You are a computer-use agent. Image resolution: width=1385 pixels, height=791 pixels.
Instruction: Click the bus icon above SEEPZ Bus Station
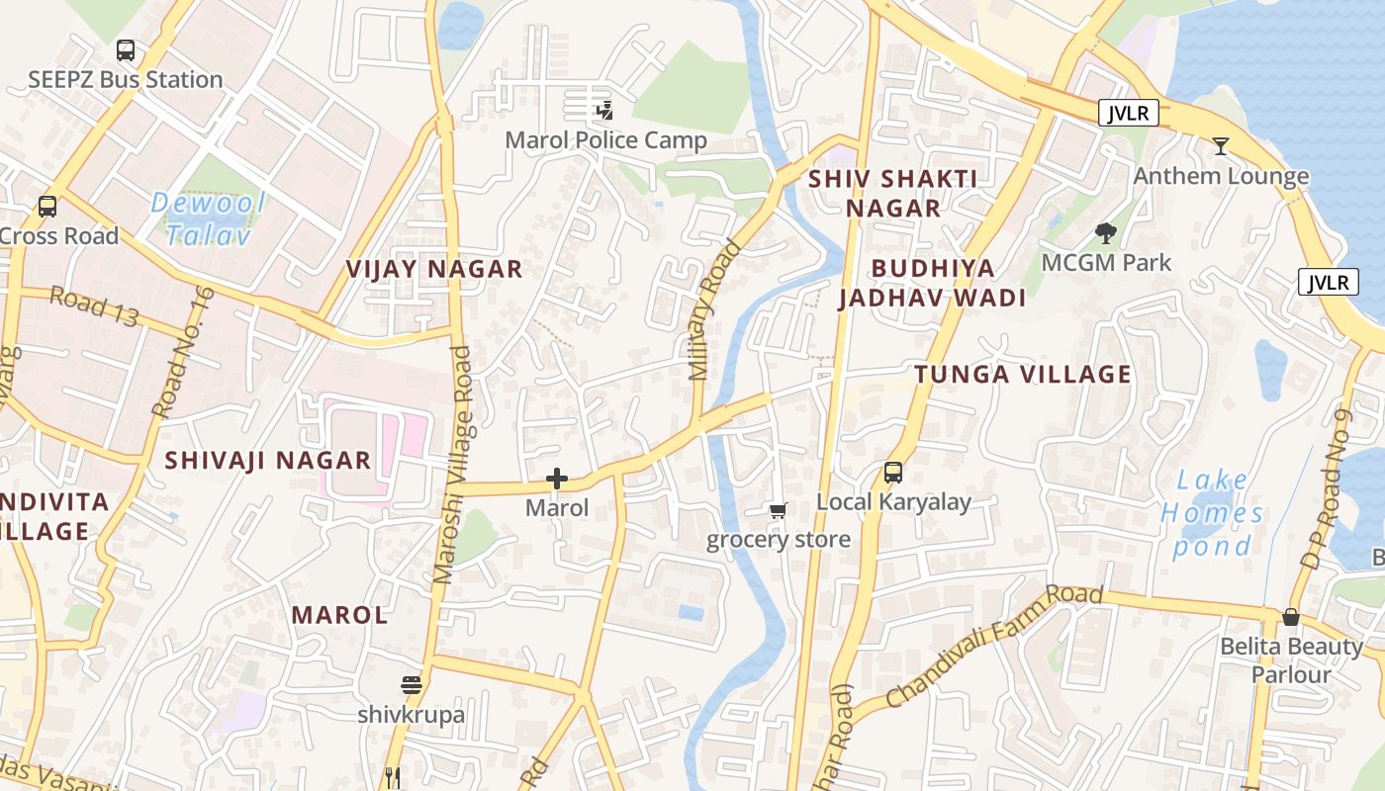126,50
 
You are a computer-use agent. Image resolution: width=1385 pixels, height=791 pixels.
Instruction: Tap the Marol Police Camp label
605,140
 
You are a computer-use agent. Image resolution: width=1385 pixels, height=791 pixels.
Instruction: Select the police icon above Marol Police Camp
604,110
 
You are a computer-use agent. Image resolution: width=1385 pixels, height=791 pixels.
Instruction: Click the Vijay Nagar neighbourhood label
434,269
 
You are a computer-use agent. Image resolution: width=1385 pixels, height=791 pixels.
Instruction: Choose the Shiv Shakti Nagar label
892,194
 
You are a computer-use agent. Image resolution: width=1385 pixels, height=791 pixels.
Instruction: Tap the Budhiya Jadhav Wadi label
932,283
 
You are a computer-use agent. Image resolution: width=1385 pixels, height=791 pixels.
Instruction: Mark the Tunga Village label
1022,374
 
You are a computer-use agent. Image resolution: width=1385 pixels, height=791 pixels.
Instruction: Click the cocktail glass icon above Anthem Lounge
1221,146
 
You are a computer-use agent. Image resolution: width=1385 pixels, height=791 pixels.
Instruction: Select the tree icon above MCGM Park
1106,233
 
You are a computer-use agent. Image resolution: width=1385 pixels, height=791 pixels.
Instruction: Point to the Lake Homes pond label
1213,513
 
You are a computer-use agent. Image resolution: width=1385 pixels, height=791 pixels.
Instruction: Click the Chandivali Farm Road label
993,646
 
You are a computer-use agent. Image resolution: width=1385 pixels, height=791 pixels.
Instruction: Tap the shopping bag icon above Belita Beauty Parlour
1290,617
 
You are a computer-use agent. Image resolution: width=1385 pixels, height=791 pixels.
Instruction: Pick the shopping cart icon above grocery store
779,510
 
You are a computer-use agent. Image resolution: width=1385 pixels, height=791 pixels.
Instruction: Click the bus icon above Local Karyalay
893,473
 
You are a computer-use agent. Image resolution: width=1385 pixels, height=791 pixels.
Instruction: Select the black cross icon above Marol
557,480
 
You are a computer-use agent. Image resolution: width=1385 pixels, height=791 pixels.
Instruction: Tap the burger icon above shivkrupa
412,684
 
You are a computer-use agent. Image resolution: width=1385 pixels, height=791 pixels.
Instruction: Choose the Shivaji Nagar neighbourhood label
267,460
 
